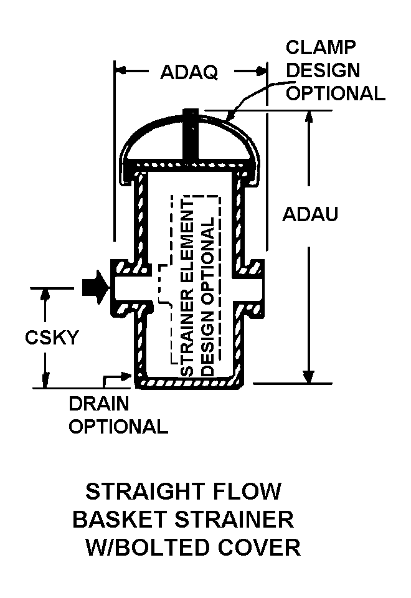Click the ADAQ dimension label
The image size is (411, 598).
point(189,72)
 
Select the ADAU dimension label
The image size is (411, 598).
point(310,214)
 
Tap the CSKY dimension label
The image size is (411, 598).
point(52,338)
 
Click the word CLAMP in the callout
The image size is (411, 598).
point(321,48)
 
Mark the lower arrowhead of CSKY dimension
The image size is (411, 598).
point(45,381)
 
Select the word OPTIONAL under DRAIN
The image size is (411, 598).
point(118,427)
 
